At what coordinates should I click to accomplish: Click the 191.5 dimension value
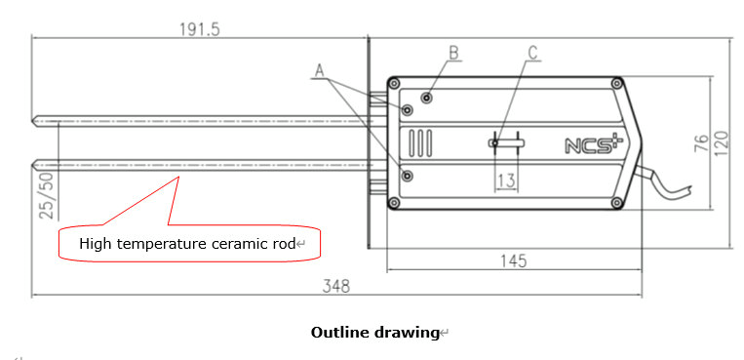[200, 29]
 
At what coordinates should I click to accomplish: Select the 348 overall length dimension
[336, 286]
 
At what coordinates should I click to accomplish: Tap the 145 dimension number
[514, 260]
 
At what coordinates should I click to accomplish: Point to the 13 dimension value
[506, 180]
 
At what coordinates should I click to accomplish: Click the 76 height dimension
[702, 143]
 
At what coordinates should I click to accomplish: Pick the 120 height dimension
[722, 143]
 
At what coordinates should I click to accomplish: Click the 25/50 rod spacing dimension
[47, 195]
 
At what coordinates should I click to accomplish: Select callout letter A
[319, 71]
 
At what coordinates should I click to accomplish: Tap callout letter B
[454, 53]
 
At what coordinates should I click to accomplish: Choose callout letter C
[533, 53]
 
